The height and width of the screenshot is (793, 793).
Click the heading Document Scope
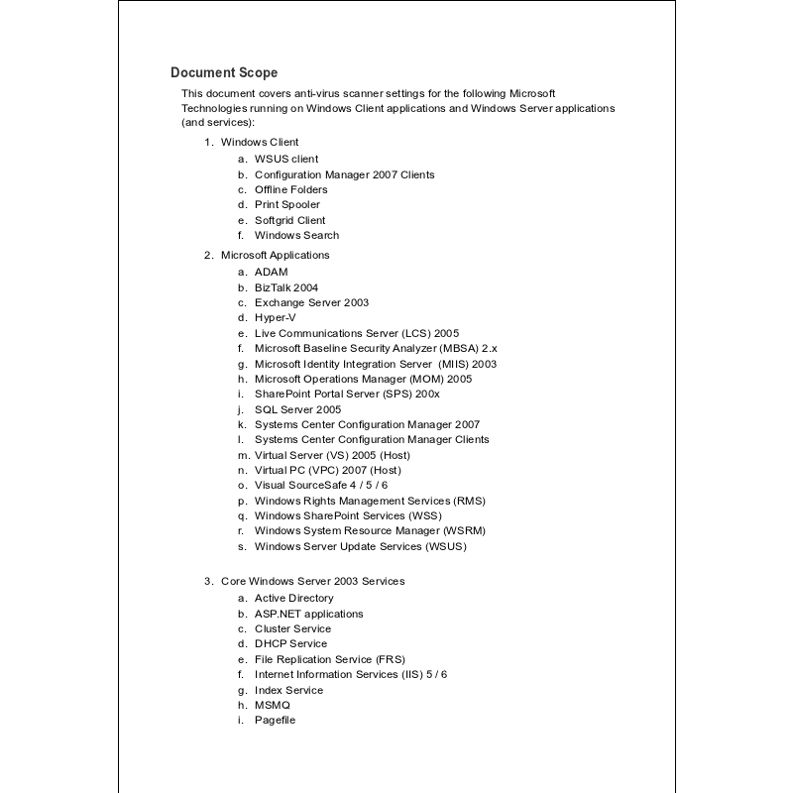[224, 72]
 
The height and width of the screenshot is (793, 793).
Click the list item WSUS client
[286, 159]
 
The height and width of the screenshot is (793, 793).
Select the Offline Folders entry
[290, 189]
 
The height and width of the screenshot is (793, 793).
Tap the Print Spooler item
[287, 204]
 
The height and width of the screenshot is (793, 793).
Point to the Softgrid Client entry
[289, 220]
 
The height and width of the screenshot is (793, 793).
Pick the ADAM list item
[271, 272]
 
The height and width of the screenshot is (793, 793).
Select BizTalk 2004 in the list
[286, 287]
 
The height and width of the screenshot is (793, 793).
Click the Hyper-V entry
[275, 317]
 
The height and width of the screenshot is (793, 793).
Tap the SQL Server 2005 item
[297, 408]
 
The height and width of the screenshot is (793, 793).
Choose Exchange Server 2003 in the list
[311, 302]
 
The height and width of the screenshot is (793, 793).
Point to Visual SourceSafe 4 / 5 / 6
[321, 485]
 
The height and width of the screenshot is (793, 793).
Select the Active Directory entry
[294, 598]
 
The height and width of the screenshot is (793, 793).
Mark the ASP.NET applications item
[308, 614]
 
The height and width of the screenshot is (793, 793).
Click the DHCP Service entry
[290, 643]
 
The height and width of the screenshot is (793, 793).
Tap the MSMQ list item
[273, 705]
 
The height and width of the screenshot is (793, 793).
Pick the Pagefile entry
[275, 720]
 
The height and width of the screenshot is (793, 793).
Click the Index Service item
[288, 690]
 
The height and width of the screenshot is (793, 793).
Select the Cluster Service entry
[292, 628]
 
